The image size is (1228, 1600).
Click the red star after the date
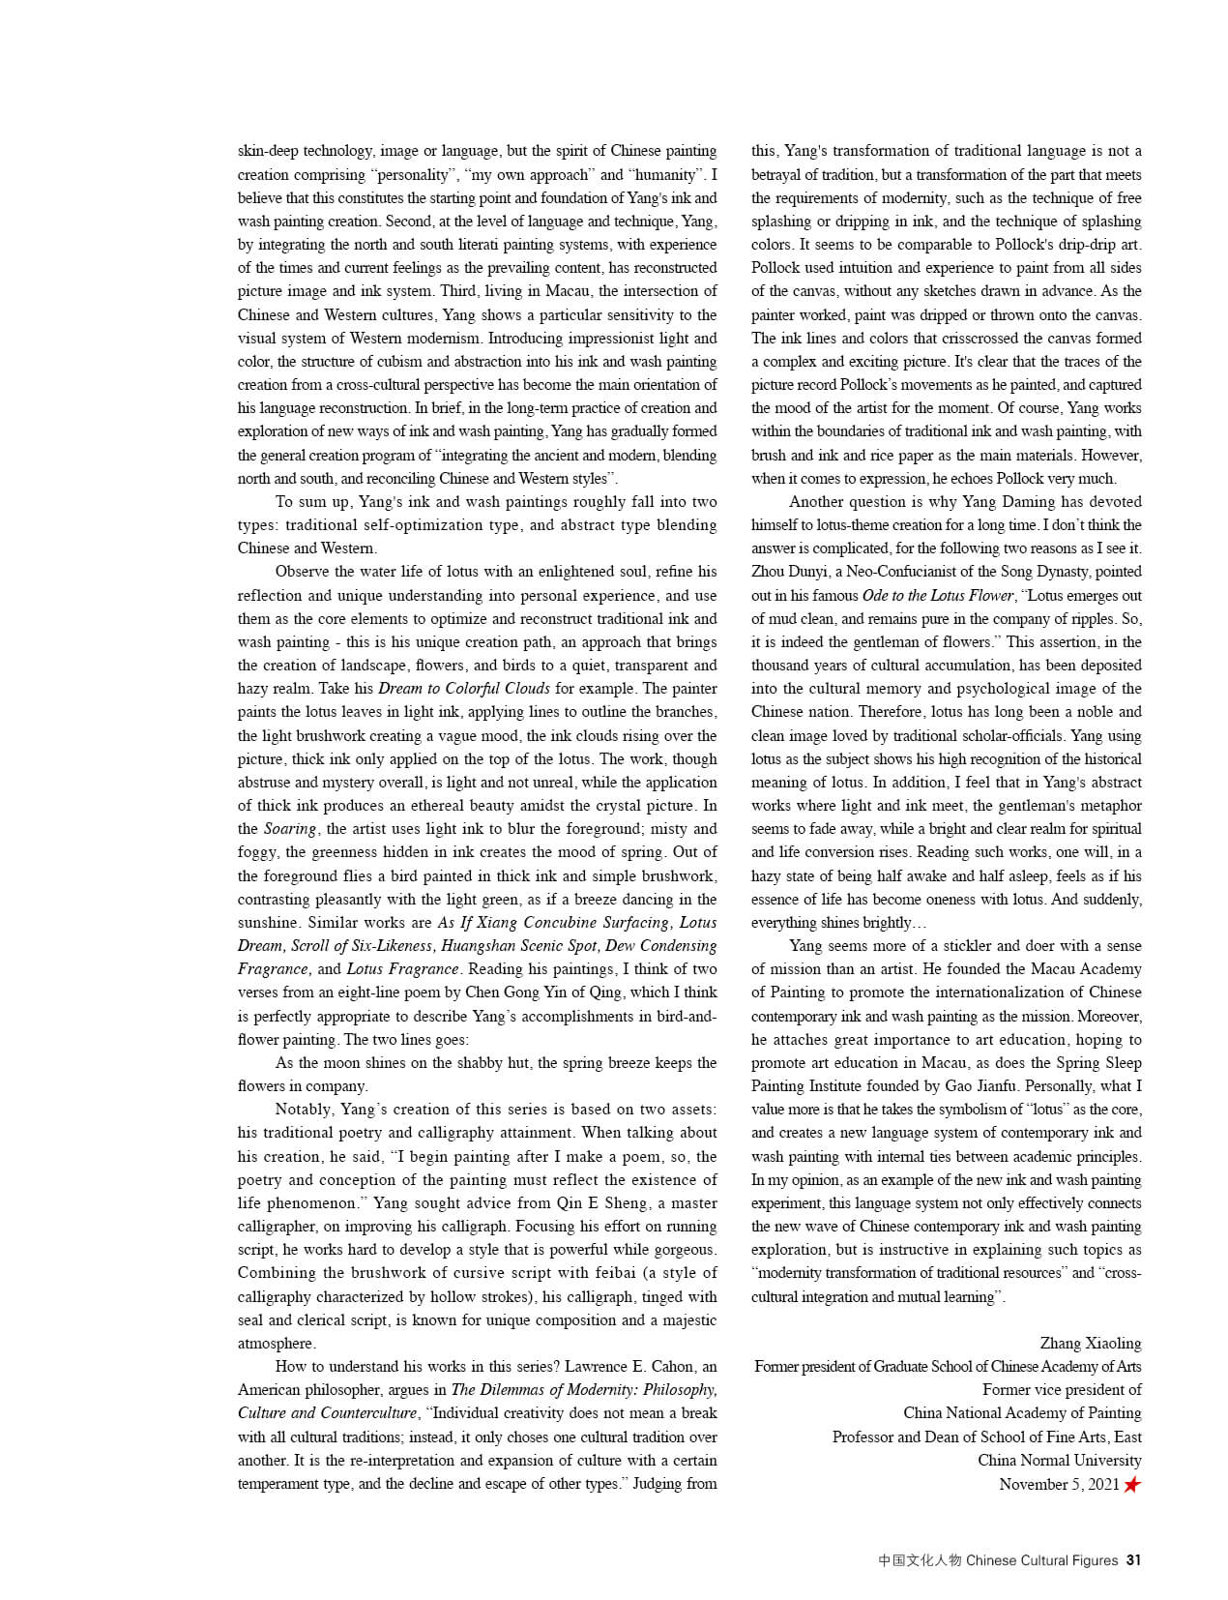1131,1484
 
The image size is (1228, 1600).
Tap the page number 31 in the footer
1133,1559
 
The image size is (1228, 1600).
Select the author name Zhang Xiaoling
1090,1343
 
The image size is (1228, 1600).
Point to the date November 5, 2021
1059,1484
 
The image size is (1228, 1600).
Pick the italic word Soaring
290,829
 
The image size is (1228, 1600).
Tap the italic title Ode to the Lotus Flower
938,596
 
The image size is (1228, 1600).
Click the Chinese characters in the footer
920,1559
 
